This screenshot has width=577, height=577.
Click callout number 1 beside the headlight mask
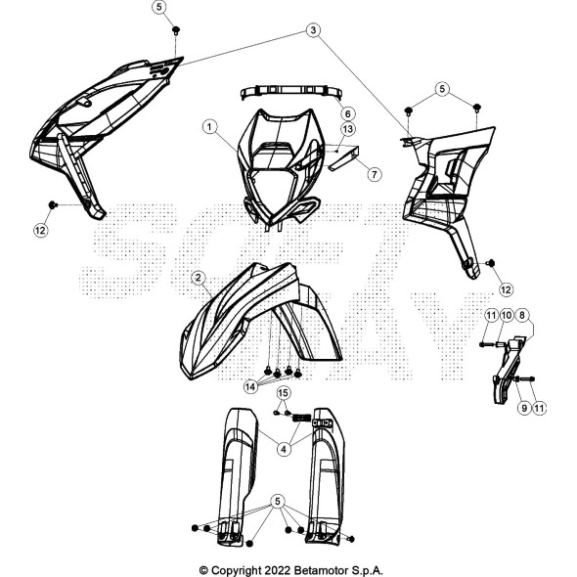(209, 127)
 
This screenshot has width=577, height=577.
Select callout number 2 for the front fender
(199, 278)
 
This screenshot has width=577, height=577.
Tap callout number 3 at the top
(313, 29)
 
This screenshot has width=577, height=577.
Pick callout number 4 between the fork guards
(284, 449)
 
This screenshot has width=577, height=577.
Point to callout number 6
(348, 113)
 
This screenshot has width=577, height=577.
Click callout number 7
(375, 174)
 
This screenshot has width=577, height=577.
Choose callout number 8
(522, 315)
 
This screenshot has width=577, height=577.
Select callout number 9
(524, 408)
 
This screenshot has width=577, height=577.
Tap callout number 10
(507, 315)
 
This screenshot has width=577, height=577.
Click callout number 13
(348, 129)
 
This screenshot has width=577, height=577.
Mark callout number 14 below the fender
(250, 386)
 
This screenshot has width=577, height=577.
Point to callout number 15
(283, 393)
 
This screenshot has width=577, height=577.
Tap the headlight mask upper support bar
(291, 93)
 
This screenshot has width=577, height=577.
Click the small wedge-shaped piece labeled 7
(343, 157)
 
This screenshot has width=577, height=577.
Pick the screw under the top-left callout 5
(176, 30)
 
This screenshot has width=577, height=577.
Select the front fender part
(260, 321)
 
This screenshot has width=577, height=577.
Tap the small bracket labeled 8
(509, 369)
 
